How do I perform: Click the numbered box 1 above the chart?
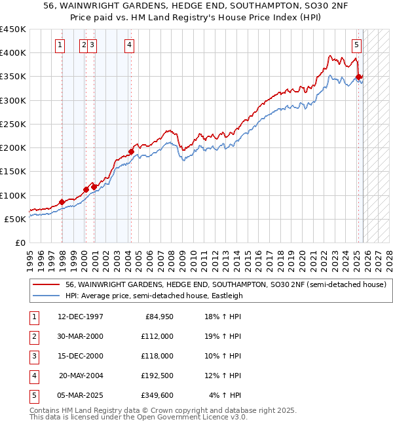pos(60,45)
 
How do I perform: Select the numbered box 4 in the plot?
pos(130,45)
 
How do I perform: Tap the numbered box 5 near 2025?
pos(356,45)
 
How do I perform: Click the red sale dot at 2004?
pos(131,151)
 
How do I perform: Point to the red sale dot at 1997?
pos(62,203)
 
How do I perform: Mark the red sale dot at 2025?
pos(358,77)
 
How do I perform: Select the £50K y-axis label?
pos(16,219)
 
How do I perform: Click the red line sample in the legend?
pos(47,285)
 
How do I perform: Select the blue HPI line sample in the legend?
pos(47,296)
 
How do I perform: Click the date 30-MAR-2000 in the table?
pos(80,336)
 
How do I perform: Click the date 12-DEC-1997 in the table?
pos(80,317)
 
